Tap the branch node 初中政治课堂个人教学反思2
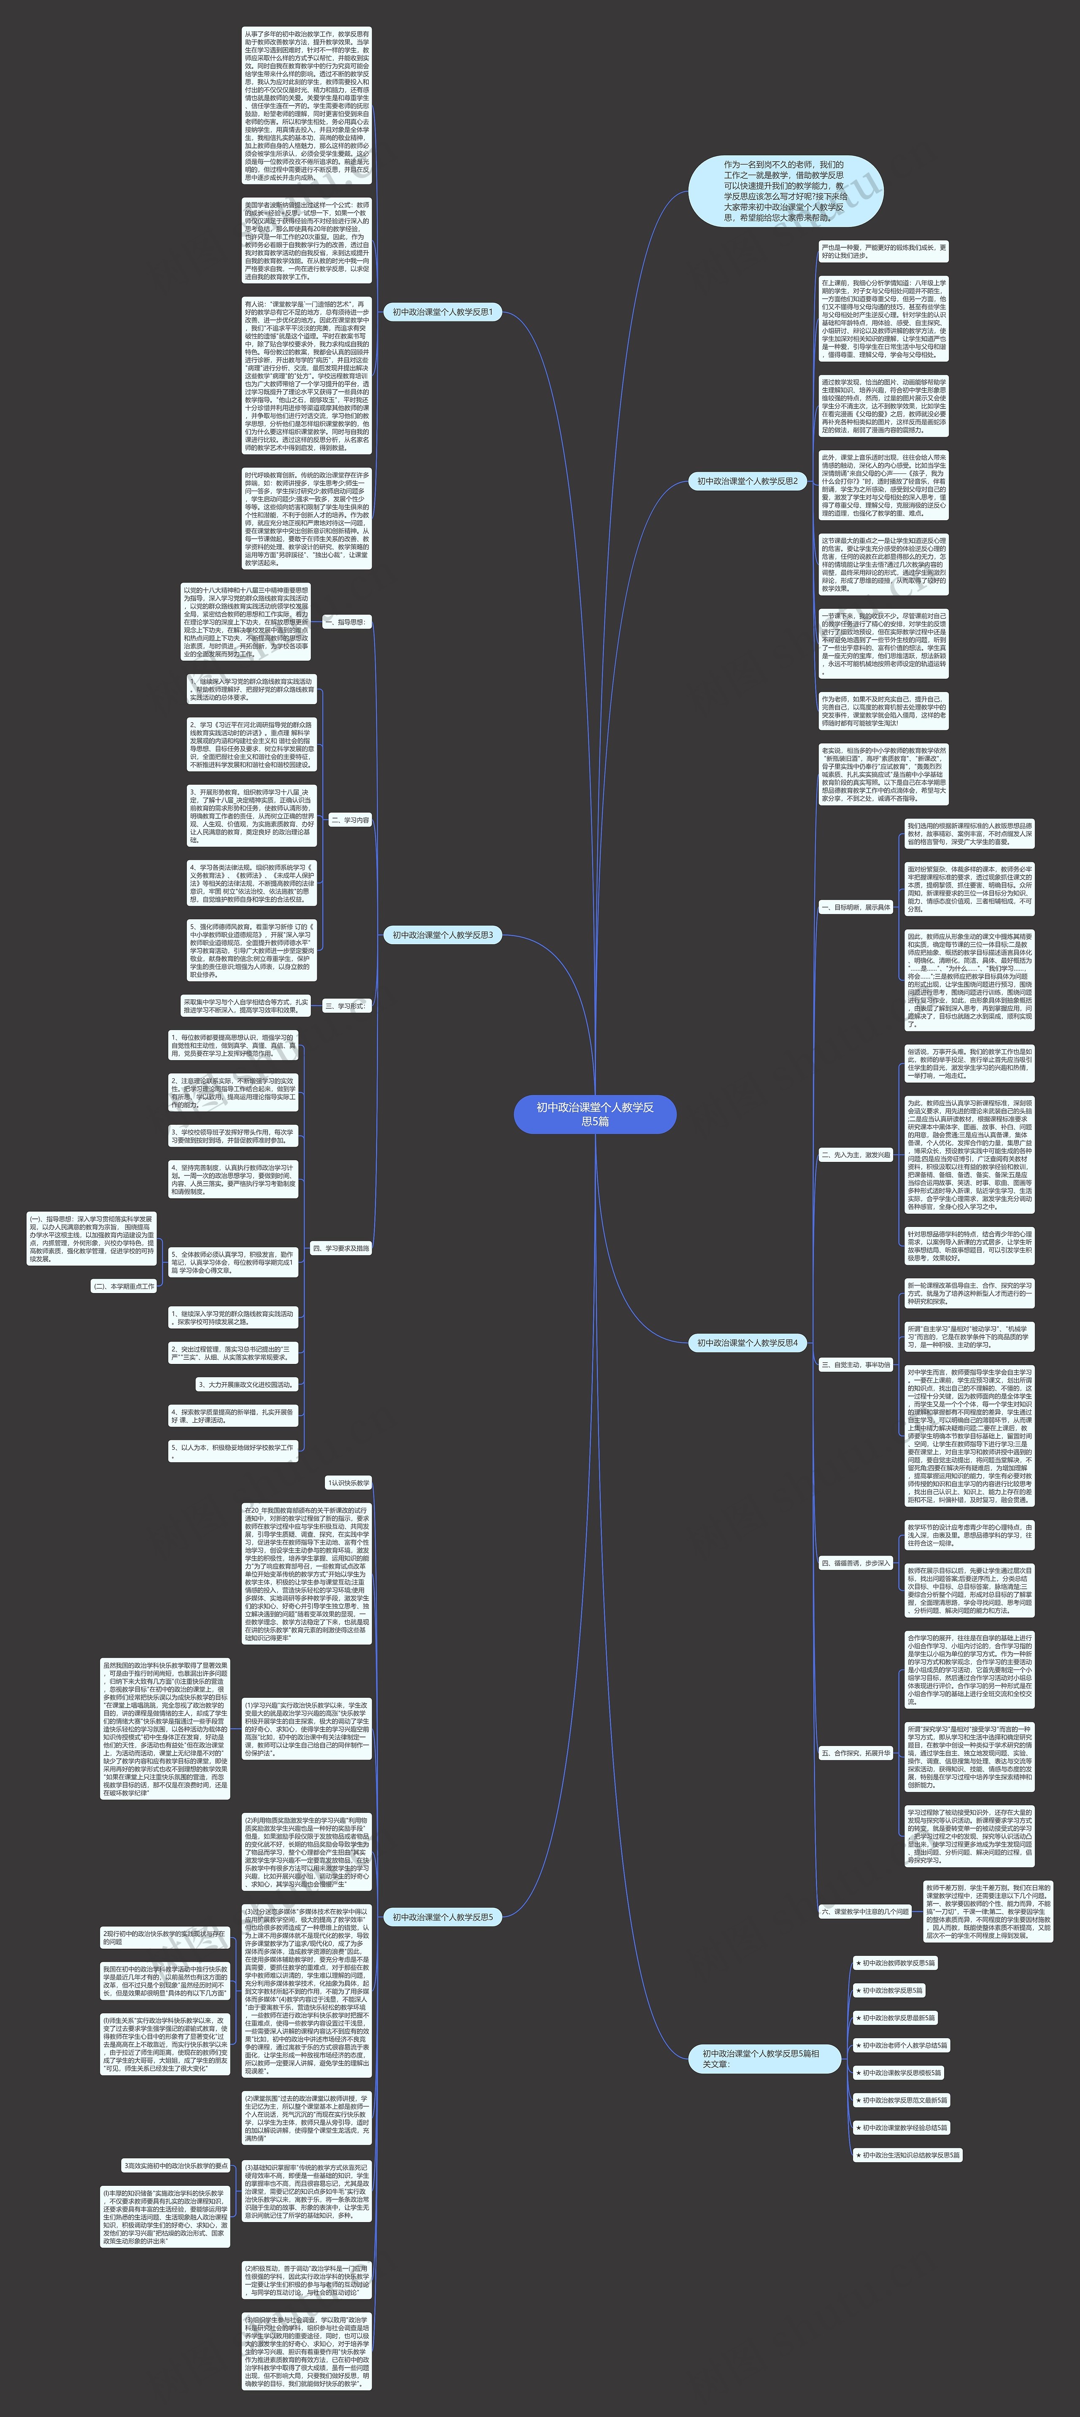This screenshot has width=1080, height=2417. pyautogui.click(x=747, y=481)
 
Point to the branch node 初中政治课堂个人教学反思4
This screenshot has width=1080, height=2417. pyautogui.click(x=747, y=1343)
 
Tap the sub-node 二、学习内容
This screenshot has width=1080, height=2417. pyautogui.click(x=350, y=820)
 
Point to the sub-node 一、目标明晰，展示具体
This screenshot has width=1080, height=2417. pyautogui.click(x=855, y=907)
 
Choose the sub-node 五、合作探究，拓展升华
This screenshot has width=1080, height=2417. pyautogui.click(x=855, y=1752)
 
